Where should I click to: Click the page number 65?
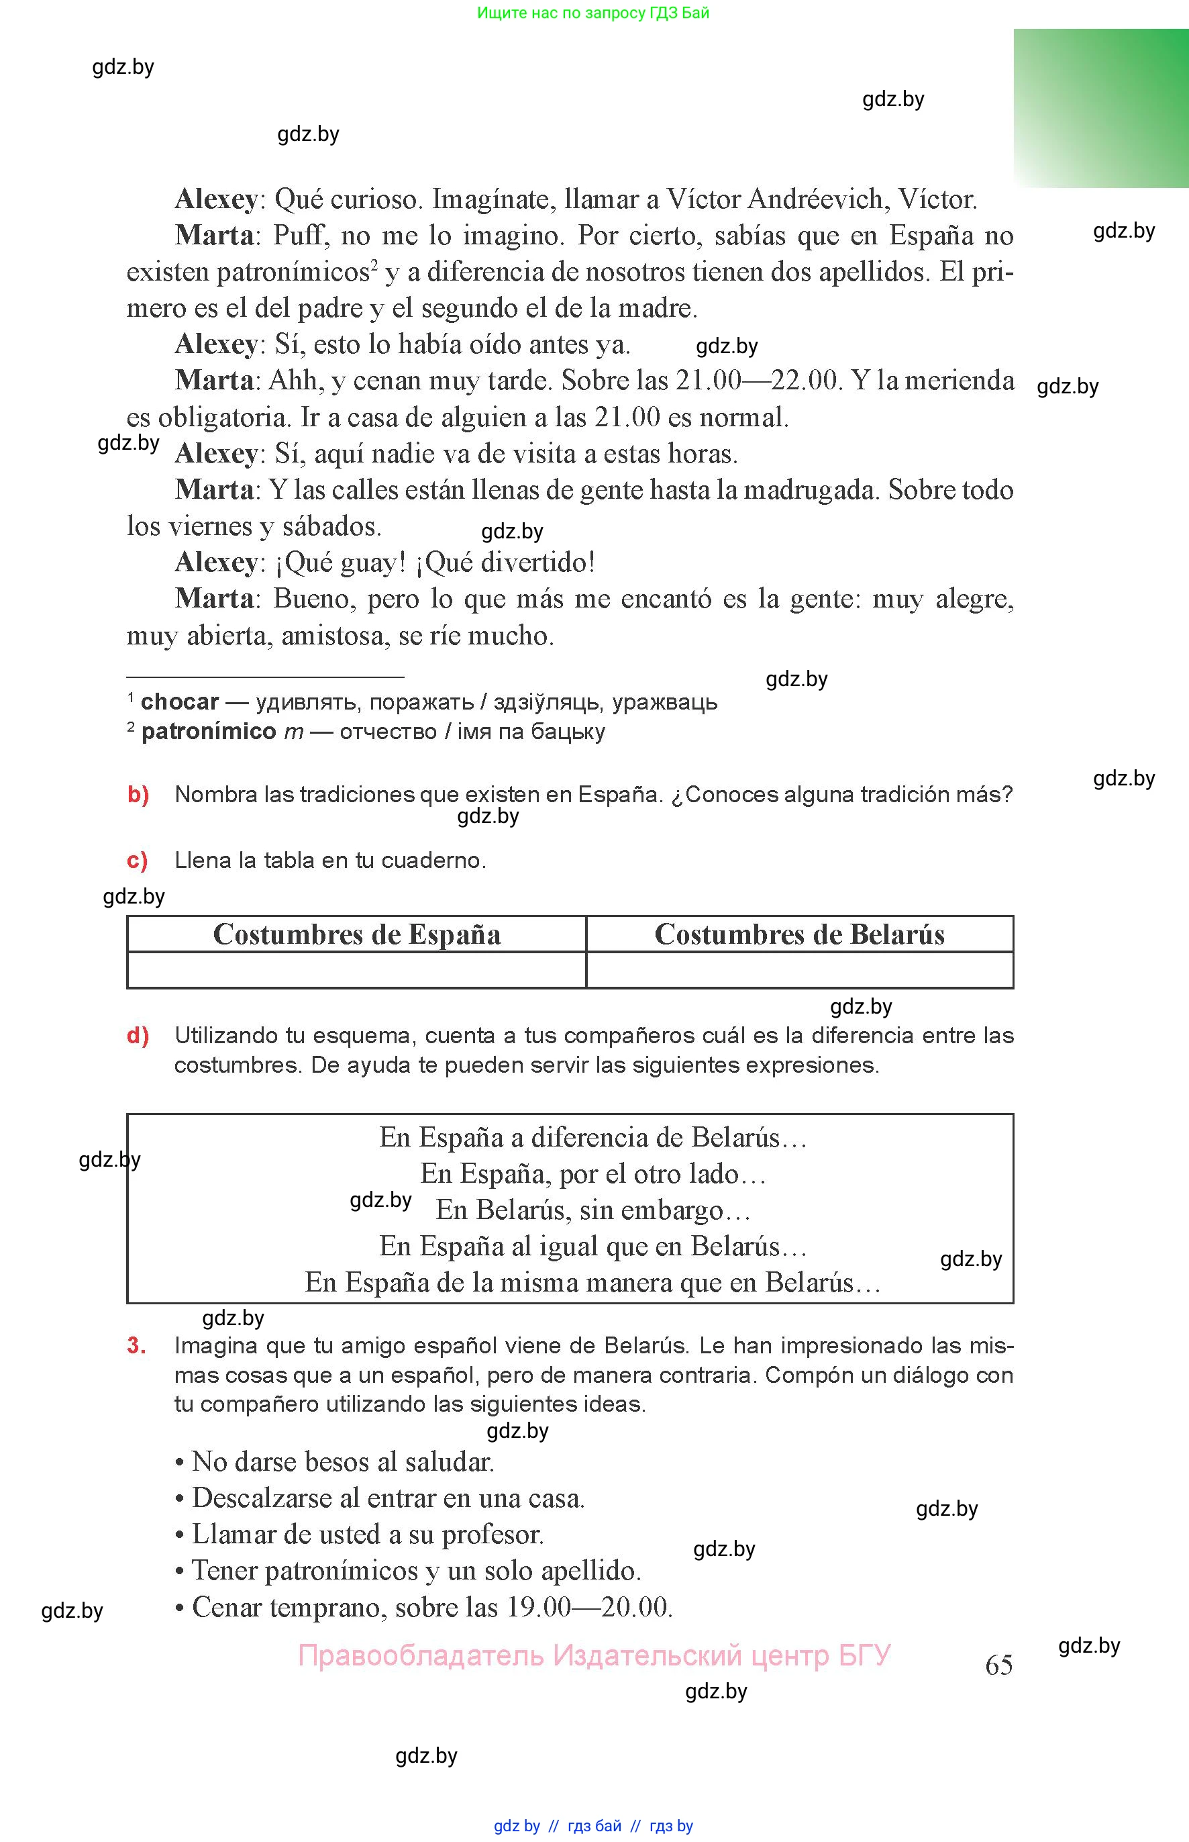click(998, 1664)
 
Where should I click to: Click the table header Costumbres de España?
click(357, 934)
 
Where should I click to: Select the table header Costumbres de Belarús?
click(799, 934)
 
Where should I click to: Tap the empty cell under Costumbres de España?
click(357, 969)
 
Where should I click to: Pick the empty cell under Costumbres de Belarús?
click(799, 969)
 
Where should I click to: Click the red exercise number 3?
click(137, 1345)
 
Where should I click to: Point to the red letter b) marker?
click(138, 794)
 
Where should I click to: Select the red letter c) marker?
click(138, 861)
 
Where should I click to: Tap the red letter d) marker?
click(138, 1035)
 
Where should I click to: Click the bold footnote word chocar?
click(180, 702)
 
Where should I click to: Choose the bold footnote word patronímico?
click(209, 732)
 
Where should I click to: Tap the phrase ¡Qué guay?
click(340, 563)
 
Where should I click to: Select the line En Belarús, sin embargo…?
click(593, 1210)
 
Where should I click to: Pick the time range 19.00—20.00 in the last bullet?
click(590, 1606)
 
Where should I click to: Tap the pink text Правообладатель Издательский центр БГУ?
click(594, 1655)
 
